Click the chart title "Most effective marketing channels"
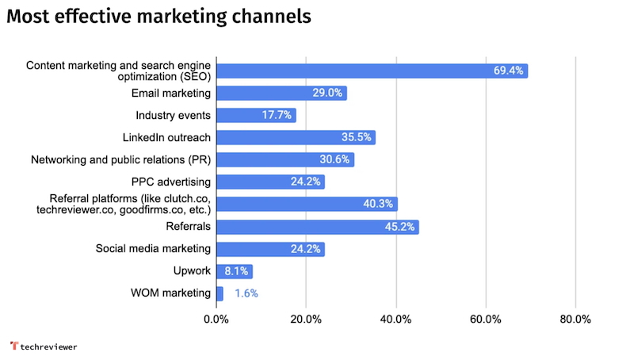(x=158, y=17)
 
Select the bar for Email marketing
(x=281, y=94)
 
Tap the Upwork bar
(x=234, y=272)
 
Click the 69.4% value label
(x=508, y=71)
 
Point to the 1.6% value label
(x=246, y=294)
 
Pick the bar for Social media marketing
(x=269, y=250)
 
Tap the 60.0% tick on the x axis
(x=485, y=320)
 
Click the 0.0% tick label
(x=216, y=320)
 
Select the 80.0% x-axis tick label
(x=574, y=320)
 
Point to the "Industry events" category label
(x=173, y=116)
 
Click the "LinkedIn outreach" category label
(x=166, y=138)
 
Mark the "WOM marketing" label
(x=171, y=294)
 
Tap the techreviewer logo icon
(x=13, y=346)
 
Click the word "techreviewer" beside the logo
(x=49, y=347)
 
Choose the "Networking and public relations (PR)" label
(x=120, y=160)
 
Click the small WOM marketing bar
(x=219, y=294)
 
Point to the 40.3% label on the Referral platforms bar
(x=378, y=205)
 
